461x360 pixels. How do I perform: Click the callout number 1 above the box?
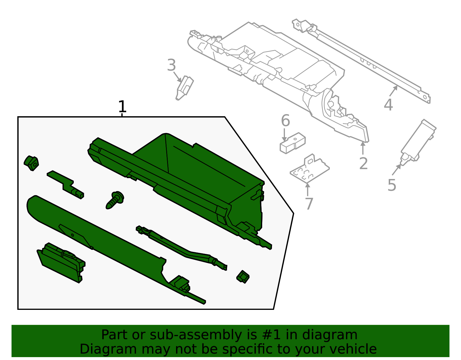pyautogui.click(x=122, y=106)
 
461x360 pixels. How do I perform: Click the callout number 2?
pyautogui.click(x=363, y=163)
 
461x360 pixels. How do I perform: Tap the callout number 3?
pyautogui.click(x=171, y=65)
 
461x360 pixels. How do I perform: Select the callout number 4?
pyautogui.click(x=388, y=105)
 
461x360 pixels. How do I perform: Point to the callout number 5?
pyautogui.click(x=392, y=185)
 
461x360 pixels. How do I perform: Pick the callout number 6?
pyautogui.click(x=285, y=120)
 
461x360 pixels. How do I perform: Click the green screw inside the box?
pyautogui.click(x=115, y=200)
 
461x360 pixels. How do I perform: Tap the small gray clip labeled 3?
pyautogui.click(x=185, y=88)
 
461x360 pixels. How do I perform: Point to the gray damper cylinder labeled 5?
pyautogui.click(x=418, y=142)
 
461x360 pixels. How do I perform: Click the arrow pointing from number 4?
pyautogui.click(x=393, y=91)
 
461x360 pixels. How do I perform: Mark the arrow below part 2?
pyautogui.click(x=363, y=148)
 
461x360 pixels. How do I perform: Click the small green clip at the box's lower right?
pyautogui.click(x=243, y=277)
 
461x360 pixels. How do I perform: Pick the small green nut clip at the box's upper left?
pyautogui.click(x=31, y=163)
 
